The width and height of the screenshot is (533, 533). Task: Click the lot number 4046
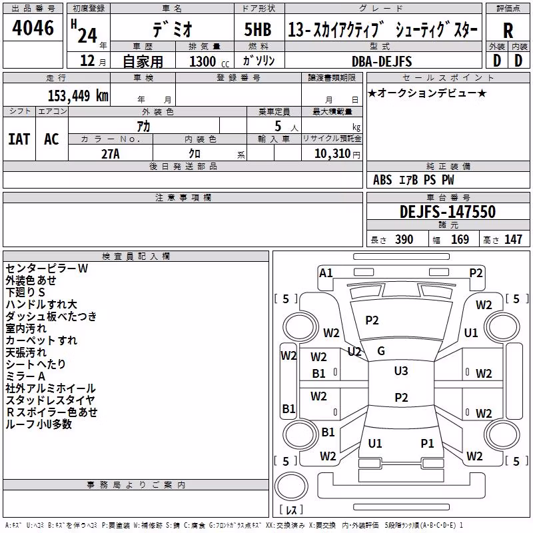[x=33, y=28]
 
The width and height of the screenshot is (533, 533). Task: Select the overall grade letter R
[x=508, y=31]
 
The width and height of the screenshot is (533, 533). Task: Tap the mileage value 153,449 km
[x=78, y=95]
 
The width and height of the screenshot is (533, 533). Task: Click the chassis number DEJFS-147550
[x=448, y=212]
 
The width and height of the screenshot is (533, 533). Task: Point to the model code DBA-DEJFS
[x=382, y=61]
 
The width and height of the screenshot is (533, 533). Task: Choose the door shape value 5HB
[x=258, y=29]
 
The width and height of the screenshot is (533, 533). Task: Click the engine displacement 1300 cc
[x=209, y=61]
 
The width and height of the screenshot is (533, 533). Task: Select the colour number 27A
[x=111, y=154]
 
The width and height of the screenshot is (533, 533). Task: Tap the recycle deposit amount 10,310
[x=332, y=153]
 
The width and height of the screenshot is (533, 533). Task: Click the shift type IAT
[x=19, y=139]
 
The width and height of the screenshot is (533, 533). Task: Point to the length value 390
[x=404, y=239]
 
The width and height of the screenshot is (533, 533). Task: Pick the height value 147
[x=513, y=239]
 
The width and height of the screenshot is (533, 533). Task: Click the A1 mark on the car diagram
[x=326, y=273]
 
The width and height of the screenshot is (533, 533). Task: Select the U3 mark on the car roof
[x=401, y=371]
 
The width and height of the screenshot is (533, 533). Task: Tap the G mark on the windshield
[x=381, y=351]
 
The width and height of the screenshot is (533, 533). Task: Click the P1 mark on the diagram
[x=427, y=443]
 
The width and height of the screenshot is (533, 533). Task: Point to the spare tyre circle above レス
[x=291, y=486]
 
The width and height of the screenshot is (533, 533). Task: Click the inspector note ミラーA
[x=25, y=376]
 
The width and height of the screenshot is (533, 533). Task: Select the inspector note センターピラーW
[x=47, y=268]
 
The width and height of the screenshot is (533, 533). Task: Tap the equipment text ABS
[x=382, y=180]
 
